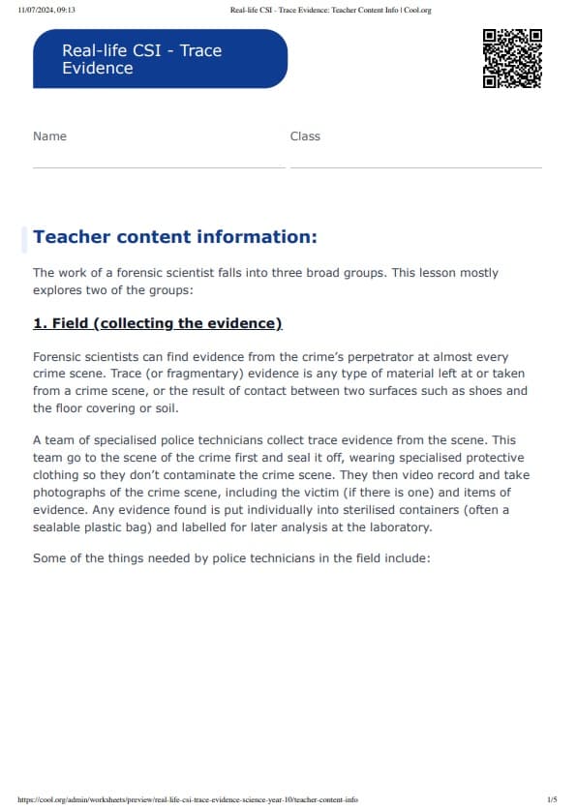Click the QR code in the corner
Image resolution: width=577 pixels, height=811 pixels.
click(511, 59)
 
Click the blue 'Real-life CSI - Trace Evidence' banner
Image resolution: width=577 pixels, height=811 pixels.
click(160, 59)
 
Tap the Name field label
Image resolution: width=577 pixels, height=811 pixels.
click(49, 136)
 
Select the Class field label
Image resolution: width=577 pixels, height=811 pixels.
click(305, 136)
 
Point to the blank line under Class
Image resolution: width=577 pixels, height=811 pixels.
click(415, 167)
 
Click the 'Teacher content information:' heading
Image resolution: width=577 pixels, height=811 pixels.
click(174, 237)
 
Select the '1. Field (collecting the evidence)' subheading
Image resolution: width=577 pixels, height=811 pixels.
click(157, 323)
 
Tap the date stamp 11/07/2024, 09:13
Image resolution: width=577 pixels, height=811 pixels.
click(46, 10)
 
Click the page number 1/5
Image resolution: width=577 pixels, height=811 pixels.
click(552, 800)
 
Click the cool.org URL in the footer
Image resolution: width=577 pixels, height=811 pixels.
click(188, 800)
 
